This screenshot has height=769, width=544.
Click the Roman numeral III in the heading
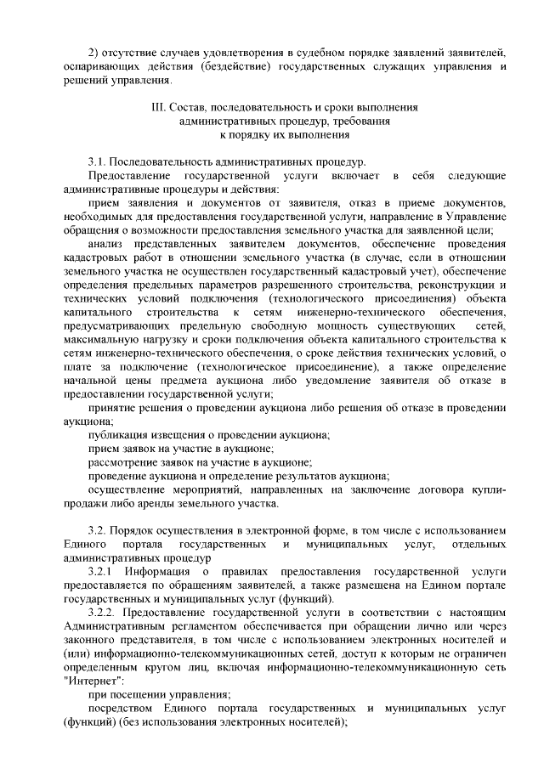[155, 110]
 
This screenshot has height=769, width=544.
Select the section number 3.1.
[98, 161]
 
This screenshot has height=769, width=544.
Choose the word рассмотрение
[127, 462]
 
